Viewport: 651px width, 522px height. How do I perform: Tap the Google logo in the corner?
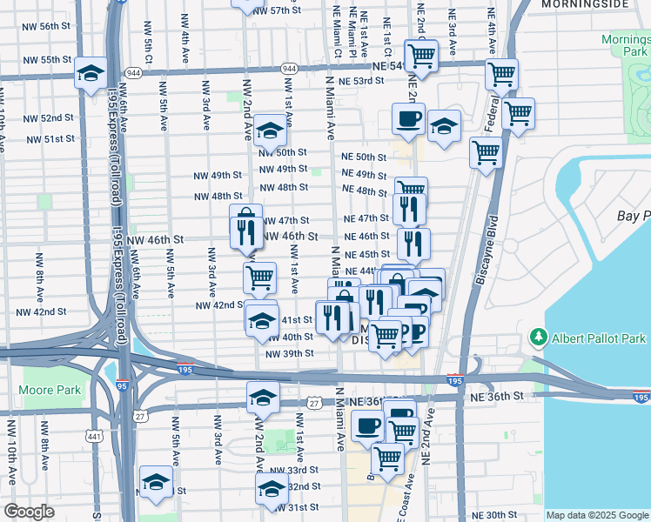click(x=29, y=512)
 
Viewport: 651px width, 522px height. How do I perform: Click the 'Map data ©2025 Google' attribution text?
click(x=597, y=515)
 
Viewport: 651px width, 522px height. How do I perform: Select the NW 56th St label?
click(x=49, y=26)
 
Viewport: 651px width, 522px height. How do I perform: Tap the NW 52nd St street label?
click(x=50, y=118)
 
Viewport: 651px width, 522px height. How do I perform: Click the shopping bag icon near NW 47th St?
click(x=246, y=217)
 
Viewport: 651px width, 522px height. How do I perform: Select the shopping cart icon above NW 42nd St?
click(x=259, y=278)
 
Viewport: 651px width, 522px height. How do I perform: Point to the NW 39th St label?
click(x=289, y=353)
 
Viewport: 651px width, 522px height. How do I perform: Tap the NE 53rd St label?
click(x=361, y=81)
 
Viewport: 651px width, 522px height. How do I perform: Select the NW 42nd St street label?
click(x=218, y=305)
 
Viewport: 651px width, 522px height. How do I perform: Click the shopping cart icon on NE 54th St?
click(x=422, y=55)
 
